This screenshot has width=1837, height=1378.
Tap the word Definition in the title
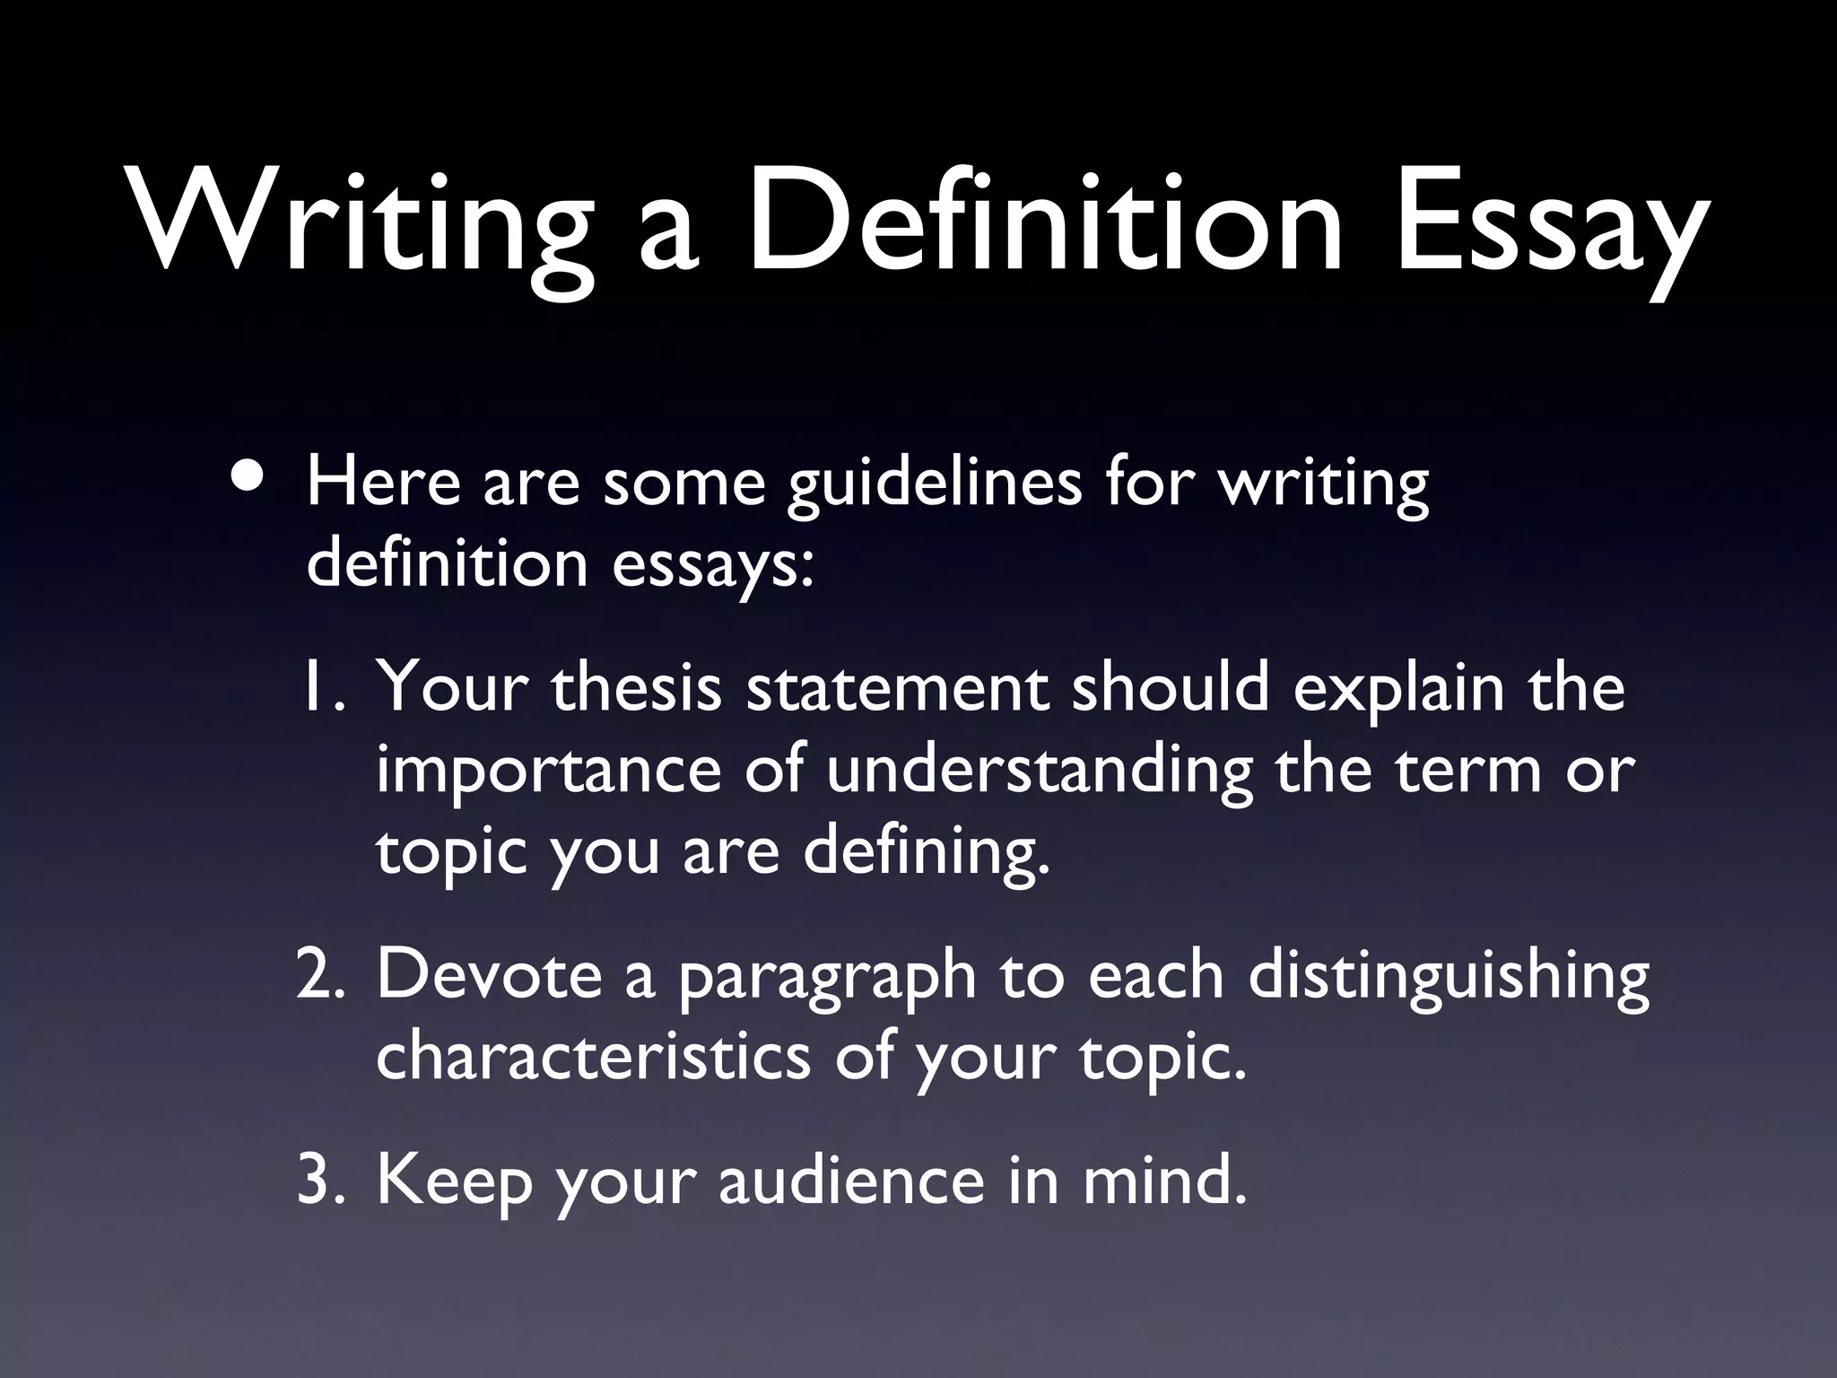(1044, 220)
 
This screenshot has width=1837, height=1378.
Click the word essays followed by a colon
(713, 565)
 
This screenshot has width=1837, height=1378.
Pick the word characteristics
(593, 1057)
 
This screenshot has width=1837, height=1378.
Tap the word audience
(851, 1181)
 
